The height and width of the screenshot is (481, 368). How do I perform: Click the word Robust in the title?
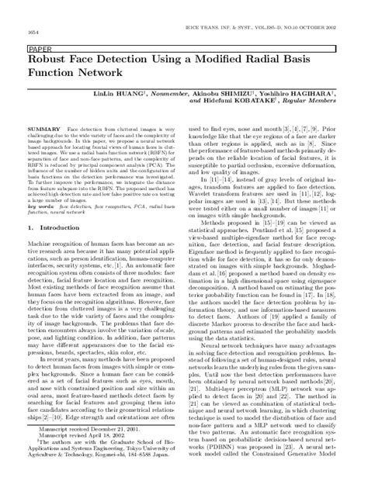[x=48, y=60]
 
